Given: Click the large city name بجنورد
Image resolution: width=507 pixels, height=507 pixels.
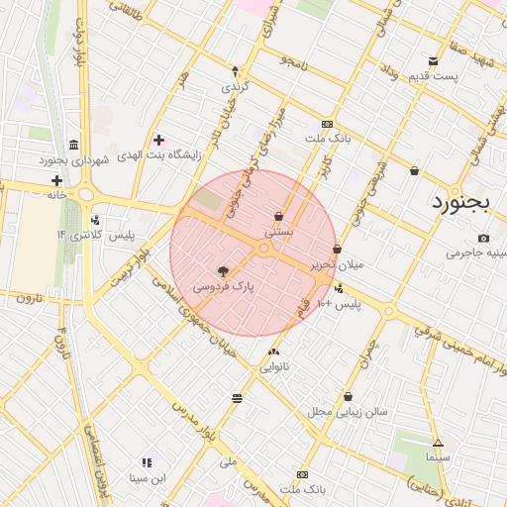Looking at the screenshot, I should (x=462, y=204).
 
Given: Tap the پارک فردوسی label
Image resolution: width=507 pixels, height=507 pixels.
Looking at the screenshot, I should (x=223, y=285).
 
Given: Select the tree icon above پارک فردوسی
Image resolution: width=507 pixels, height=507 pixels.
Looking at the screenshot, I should (x=223, y=269).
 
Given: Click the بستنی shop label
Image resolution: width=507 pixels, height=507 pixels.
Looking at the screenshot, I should (x=278, y=231).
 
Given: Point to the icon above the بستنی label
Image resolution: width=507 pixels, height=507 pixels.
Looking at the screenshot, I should (x=278, y=216).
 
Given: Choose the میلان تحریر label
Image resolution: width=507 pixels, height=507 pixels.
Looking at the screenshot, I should (x=338, y=264).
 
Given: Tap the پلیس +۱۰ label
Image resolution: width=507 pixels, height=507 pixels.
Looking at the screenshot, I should (x=340, y=304).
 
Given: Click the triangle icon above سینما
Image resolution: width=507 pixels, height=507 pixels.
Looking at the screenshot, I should (x=437, y=443).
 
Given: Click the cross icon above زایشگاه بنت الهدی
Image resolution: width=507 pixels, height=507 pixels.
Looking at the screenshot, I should (x=158, y=140).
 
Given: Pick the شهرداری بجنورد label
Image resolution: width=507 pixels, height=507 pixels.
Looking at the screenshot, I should (x=73, y=159).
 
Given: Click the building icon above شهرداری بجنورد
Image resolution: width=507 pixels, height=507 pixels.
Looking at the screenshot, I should (x=73, y=145).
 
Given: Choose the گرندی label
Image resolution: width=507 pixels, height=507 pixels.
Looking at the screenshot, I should (x=234, y=86).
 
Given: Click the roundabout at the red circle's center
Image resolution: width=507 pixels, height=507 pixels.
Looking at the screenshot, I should (x=264, y=248).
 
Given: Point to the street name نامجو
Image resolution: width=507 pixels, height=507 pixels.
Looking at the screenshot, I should (x=293, y=61).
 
